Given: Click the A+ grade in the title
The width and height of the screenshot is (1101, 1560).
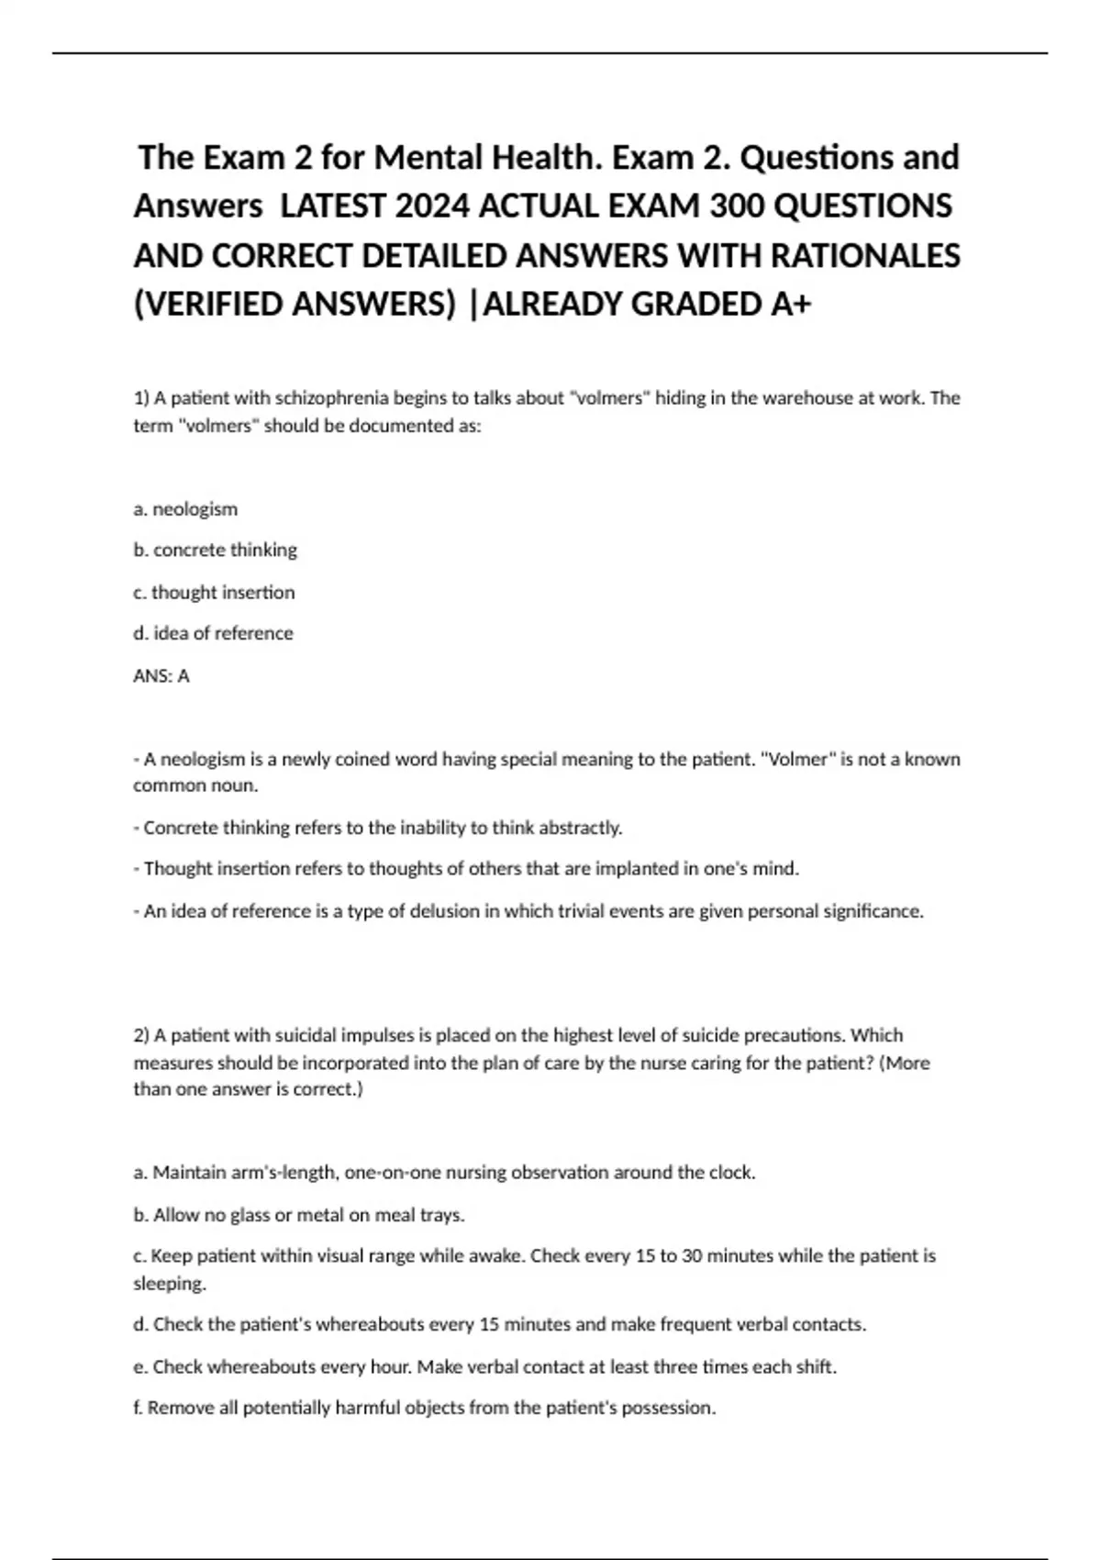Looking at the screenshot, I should [791, 304].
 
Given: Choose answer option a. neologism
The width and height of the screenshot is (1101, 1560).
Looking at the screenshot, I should [185, 508].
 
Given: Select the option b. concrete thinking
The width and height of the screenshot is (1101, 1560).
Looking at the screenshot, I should [216, 550].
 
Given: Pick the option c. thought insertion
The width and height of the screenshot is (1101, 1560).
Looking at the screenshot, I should [214, 592].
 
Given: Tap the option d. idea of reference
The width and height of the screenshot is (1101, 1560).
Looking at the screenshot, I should [213, 633].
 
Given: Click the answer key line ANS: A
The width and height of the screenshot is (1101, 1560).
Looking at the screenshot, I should [161, 676].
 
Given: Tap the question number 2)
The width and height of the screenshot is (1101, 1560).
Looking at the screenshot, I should [141, 1035].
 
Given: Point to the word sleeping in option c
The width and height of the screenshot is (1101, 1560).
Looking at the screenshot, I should [169, 1283].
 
